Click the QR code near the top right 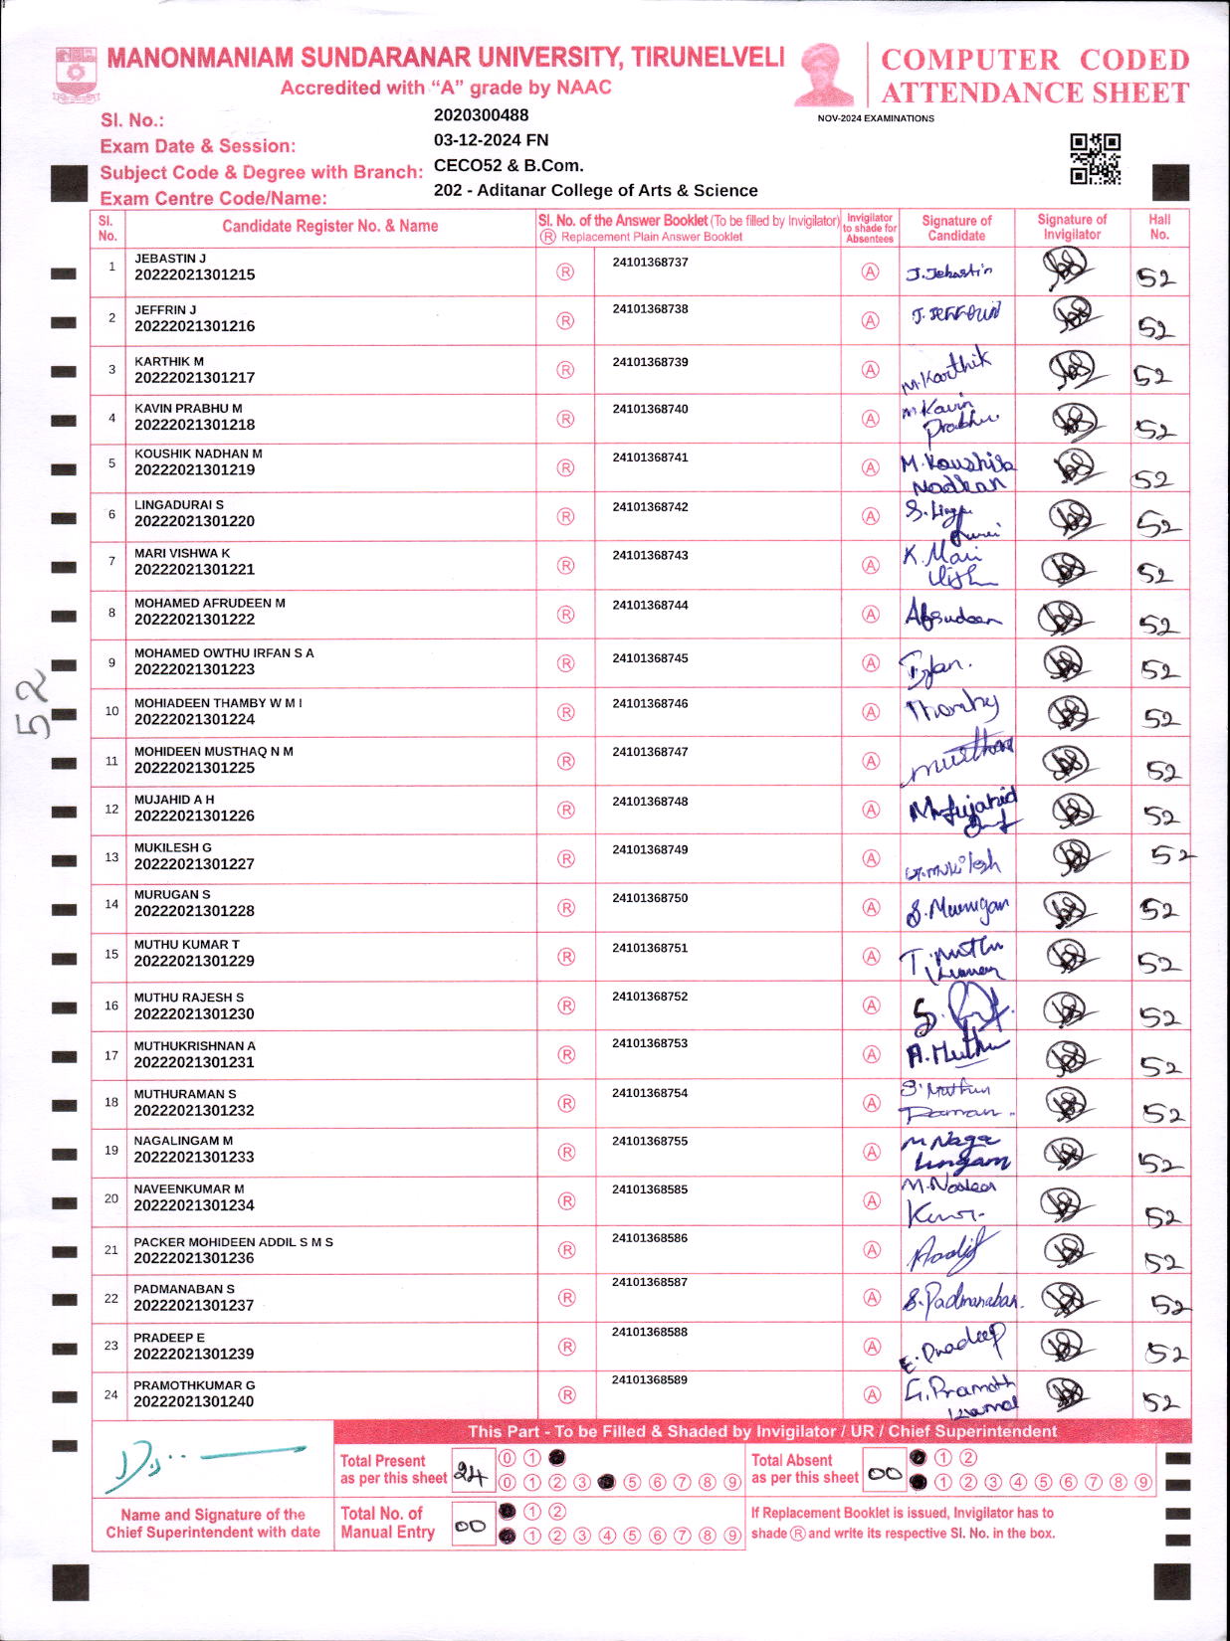(x=1095, y=159)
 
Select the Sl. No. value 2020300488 (x=482, y=115)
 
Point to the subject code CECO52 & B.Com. (x=509, y=165)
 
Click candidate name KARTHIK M (x=169, y=361)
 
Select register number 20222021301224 (x=194, y=719)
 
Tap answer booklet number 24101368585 (x=650, y=1189)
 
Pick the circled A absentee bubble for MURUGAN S (x=871, y=907)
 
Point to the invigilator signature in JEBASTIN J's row (x=1069, y=269)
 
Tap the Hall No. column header (x=1159, y=227)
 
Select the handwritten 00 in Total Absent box (x=884, y=1474)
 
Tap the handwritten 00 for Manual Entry (x=471, y=1526)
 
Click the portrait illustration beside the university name (x=824, y=74)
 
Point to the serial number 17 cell (x=111, y=1055)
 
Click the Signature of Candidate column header (x=956, y=228)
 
